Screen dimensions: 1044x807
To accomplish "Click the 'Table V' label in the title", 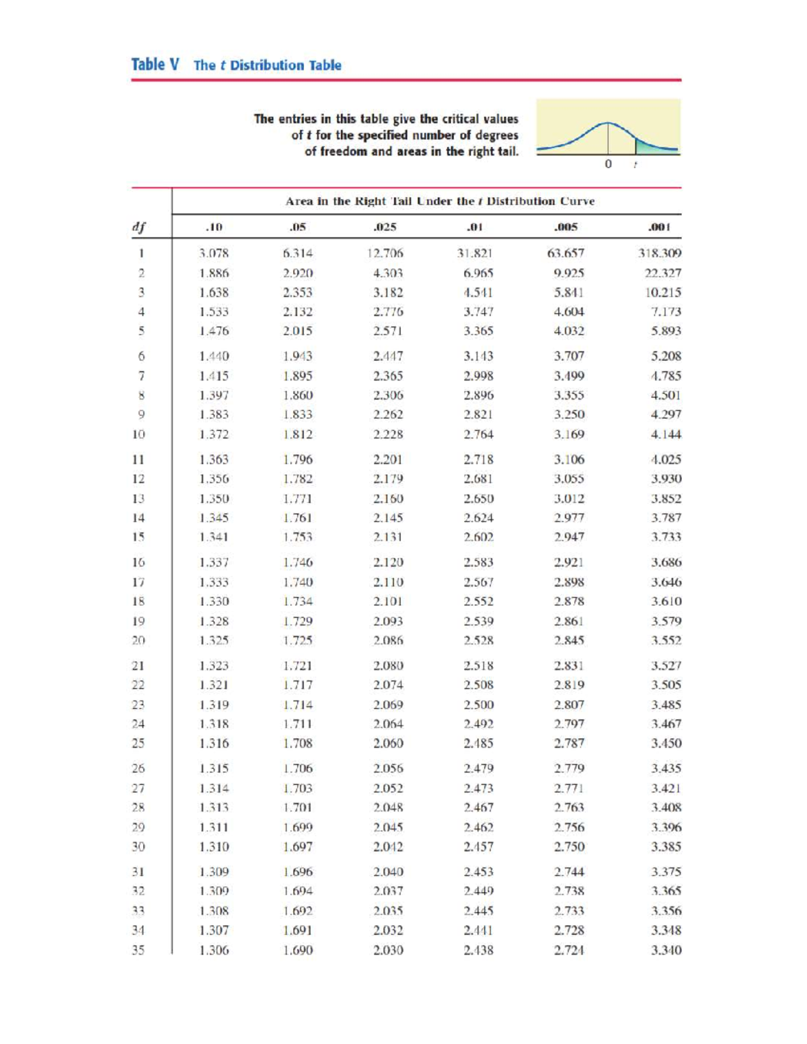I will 155,65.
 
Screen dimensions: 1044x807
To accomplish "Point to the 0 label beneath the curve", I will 608,164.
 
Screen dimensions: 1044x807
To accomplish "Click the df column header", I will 139,227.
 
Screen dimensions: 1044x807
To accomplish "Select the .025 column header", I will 385,227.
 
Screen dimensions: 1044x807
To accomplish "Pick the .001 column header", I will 660,227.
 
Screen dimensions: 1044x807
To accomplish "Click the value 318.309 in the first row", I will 659,253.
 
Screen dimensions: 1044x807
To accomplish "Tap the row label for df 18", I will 138,601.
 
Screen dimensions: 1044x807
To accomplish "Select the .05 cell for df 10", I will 297,434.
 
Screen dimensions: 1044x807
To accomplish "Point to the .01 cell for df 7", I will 478,376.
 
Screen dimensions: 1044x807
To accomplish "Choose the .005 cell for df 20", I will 569,641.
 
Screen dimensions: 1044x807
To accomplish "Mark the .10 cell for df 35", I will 214,950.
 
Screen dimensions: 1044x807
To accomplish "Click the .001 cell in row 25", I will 666,743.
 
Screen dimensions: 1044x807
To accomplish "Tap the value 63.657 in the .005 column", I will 566,253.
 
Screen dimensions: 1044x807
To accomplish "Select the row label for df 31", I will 138,872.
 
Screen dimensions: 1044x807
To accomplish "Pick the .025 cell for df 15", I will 388,537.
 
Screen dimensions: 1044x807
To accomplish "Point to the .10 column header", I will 214,227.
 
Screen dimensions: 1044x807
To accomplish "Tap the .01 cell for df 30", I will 478,846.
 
